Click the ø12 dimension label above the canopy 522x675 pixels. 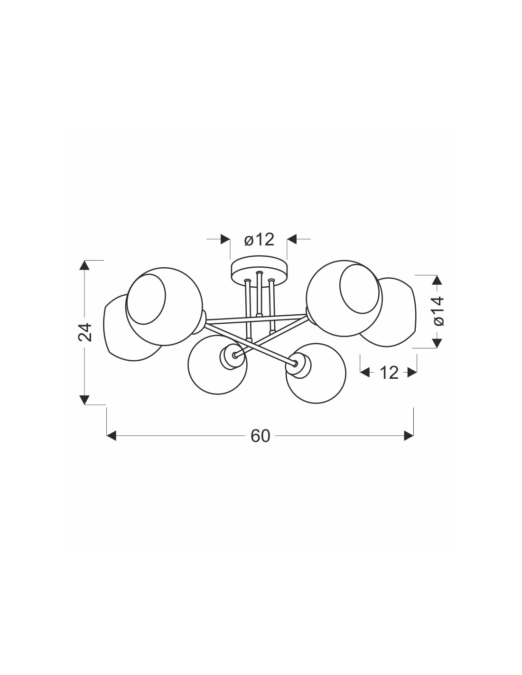[x=259, y=240]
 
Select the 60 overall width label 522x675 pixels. [x=260, y=436]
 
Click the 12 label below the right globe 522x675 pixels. [x=389, y=373]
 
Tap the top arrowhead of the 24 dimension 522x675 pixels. [x=85, y=265]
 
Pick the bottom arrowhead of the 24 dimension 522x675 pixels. [x=85, y=400]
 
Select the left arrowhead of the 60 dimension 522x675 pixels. [x=112, y=435]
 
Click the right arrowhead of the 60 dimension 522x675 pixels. [x=409, y=435]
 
